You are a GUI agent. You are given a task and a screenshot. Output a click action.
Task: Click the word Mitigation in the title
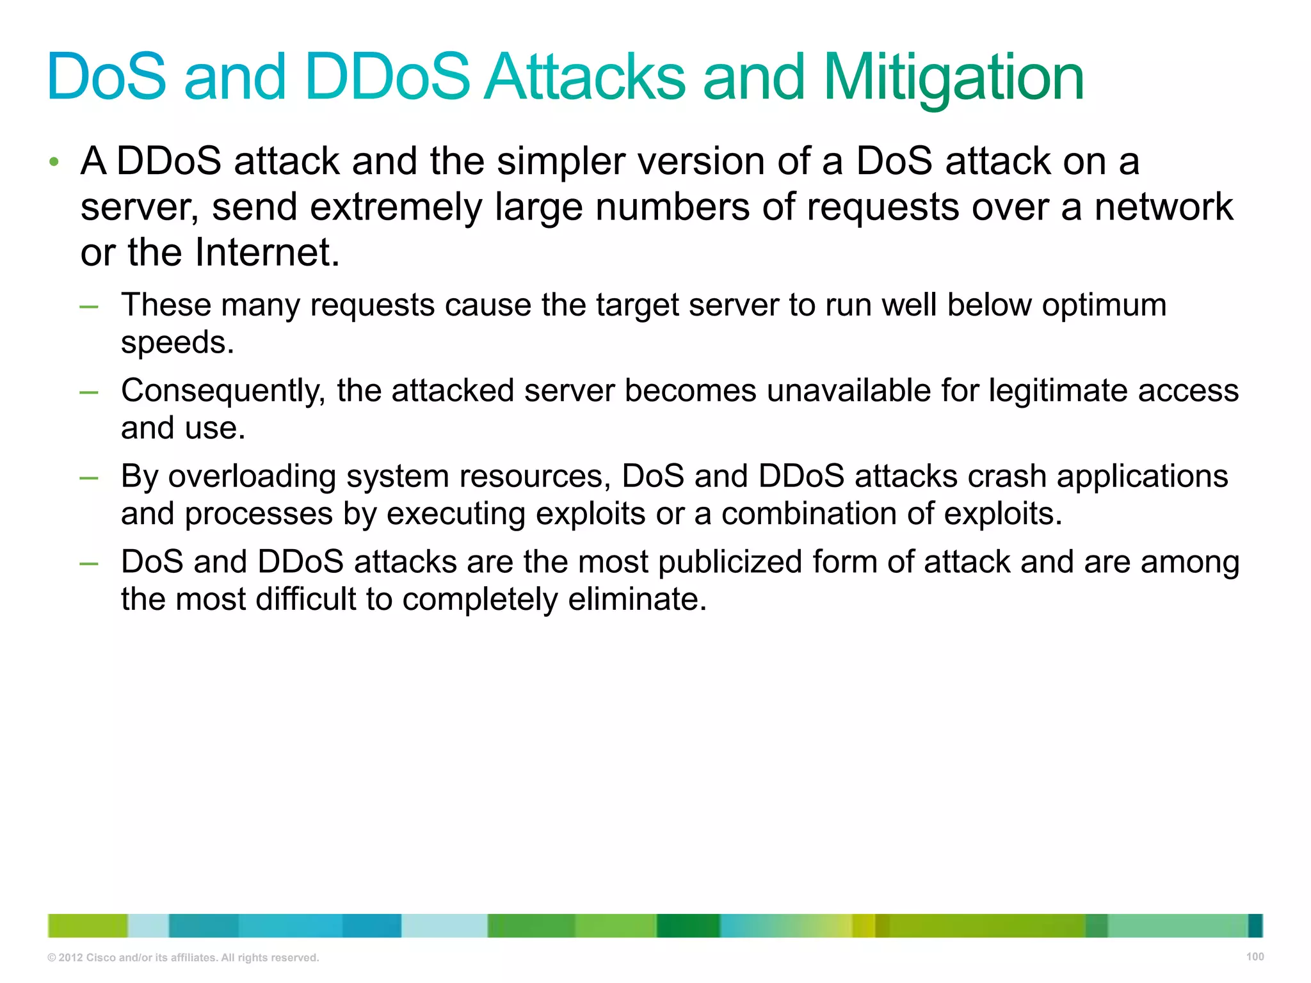point(953,78)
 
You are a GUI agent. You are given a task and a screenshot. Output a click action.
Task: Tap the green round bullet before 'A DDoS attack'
point(54,162)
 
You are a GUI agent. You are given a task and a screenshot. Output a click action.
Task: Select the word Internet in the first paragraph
point(266,253)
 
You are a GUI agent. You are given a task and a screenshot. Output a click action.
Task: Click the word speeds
point(177,343)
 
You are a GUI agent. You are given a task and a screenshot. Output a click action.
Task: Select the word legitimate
point(1048,391)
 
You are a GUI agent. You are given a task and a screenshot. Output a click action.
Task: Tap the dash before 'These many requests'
point(89,307)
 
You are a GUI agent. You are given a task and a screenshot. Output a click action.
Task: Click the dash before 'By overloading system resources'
point(89,478)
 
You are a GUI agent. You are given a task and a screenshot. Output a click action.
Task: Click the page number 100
point(1255,957)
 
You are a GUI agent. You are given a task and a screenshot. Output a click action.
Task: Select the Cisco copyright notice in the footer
point(183,957)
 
